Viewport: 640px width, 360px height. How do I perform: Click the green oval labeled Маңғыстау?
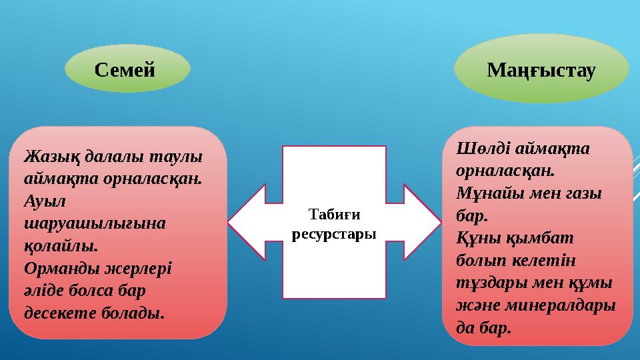(x=541, y=69)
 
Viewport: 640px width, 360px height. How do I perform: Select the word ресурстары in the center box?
(x=335, y=235)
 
